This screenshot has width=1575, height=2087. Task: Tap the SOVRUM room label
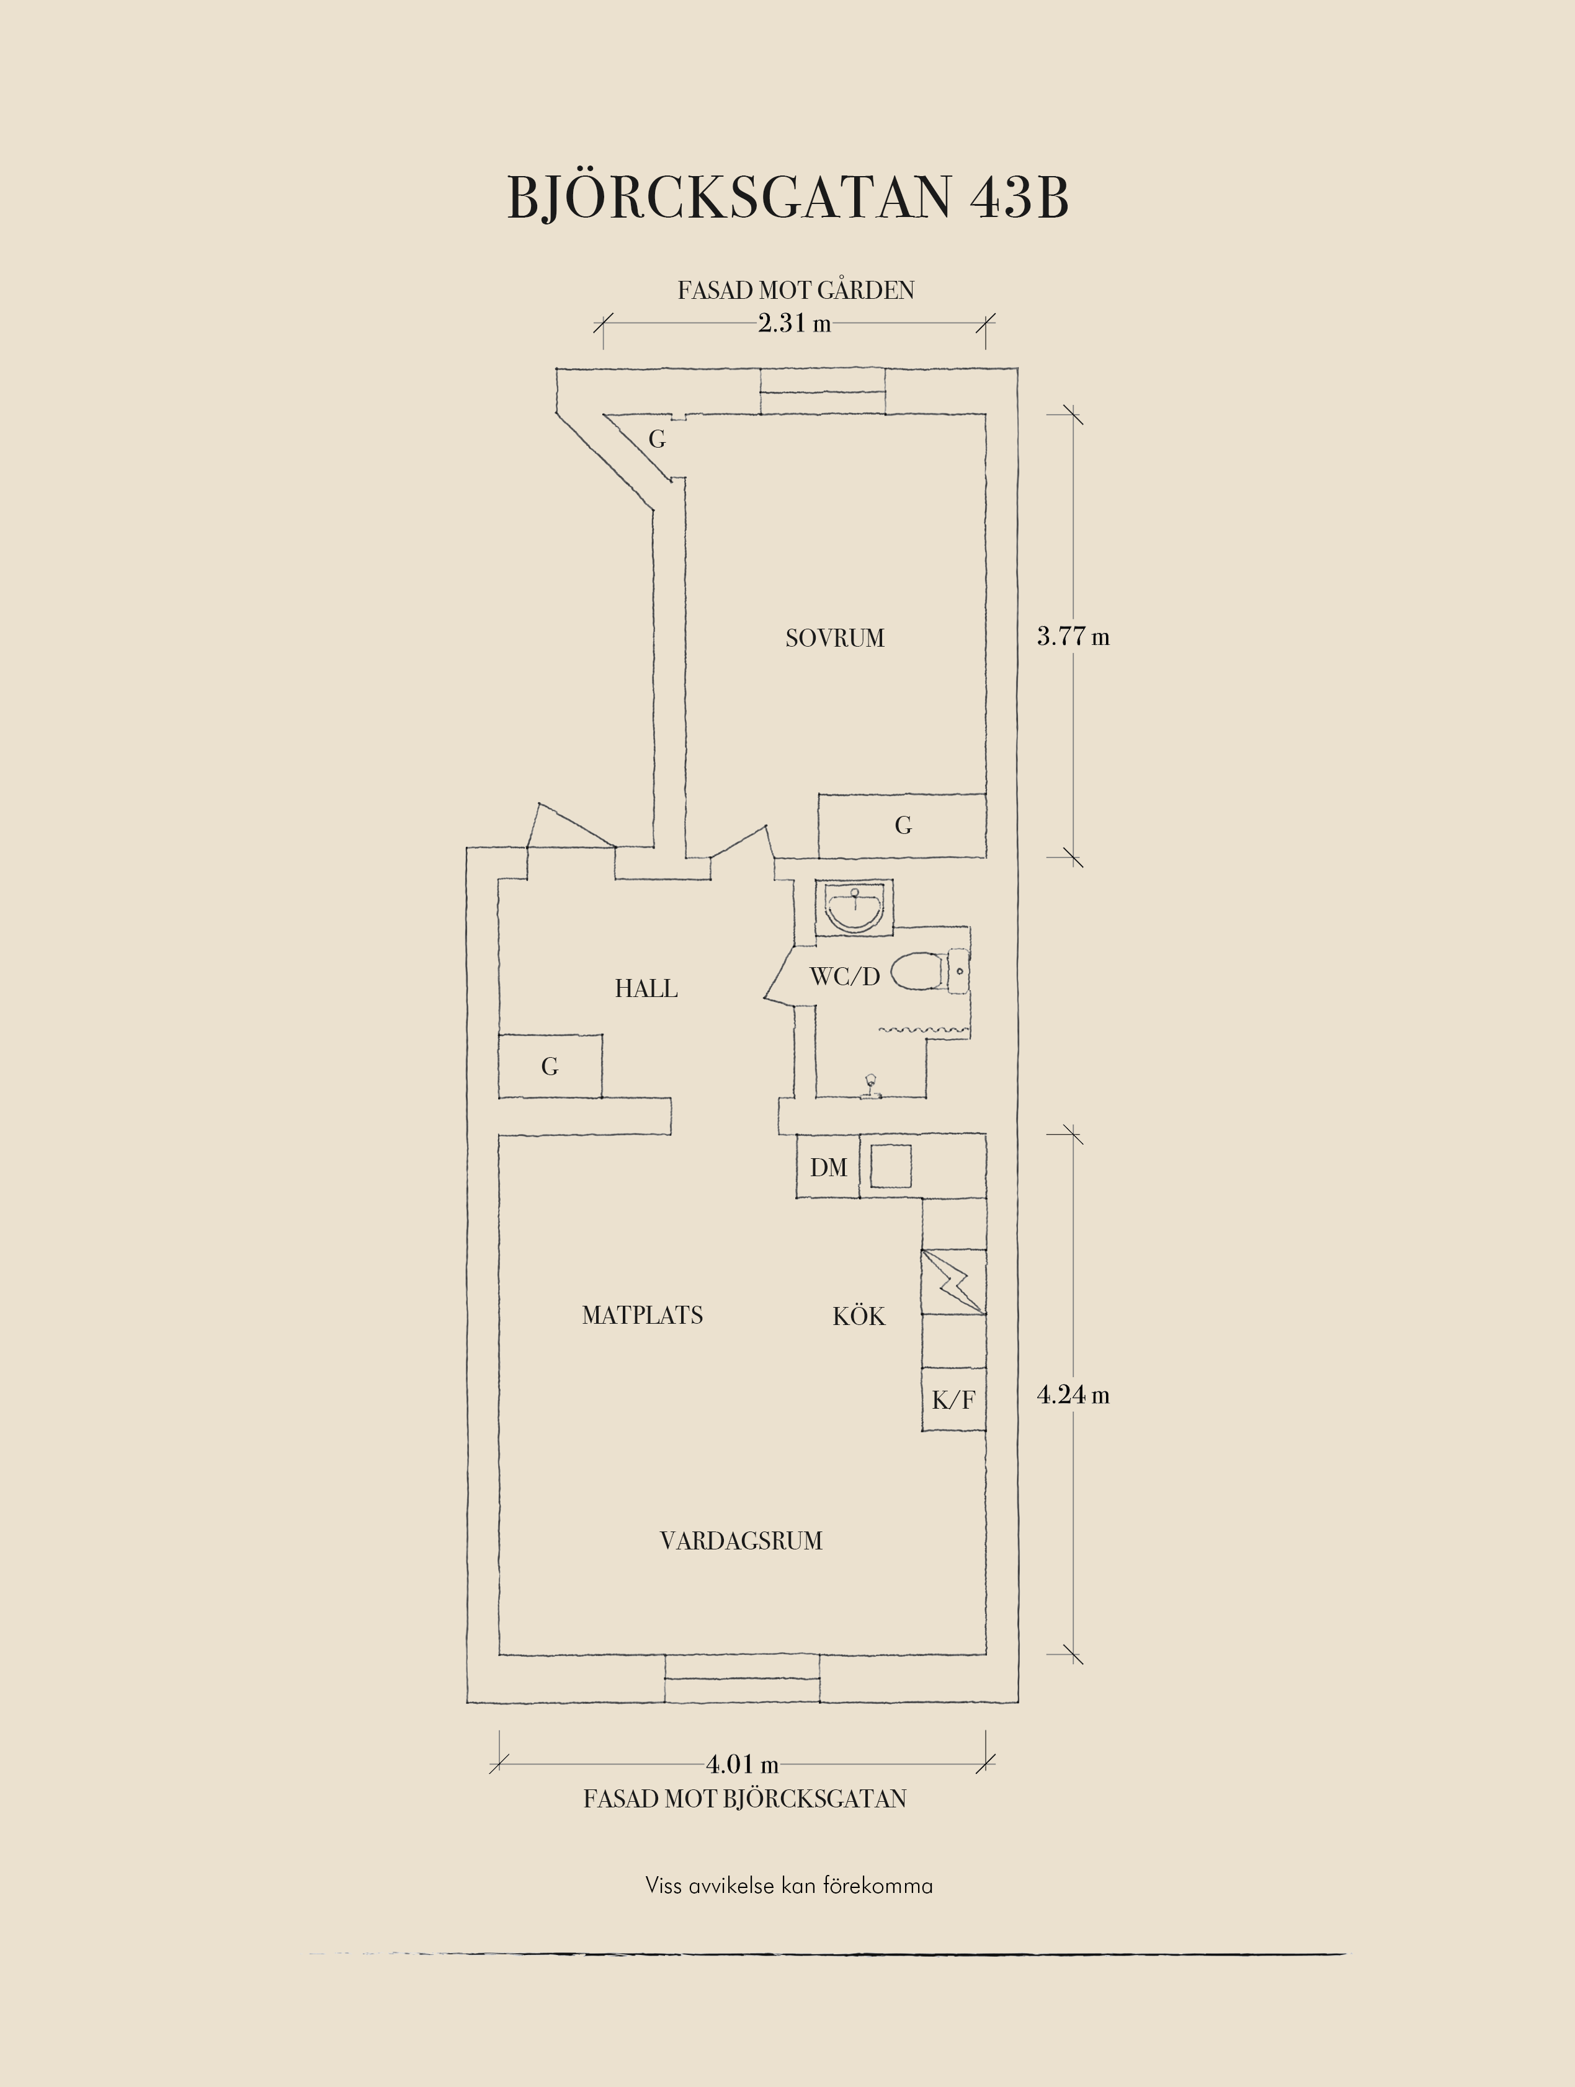coord(835,639)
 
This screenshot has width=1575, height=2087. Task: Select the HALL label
coord(646,989)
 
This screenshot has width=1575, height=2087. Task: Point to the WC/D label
coord(845,977)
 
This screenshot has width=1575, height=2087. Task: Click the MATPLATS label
coord(643,1315)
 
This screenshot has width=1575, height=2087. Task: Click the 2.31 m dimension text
coord(795,324)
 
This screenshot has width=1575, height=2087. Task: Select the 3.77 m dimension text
coord(1073,637)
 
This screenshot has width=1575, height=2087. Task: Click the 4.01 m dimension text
coord(743,1763)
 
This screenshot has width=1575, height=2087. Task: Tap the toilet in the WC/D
coord(929,972)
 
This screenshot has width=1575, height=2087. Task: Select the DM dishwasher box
coord(828,1167)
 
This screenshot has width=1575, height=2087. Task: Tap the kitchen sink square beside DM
coord(891,1166)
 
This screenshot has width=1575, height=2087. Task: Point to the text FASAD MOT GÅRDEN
coord(795,291)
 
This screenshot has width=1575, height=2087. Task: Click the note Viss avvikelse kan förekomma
coord(789,1886)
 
